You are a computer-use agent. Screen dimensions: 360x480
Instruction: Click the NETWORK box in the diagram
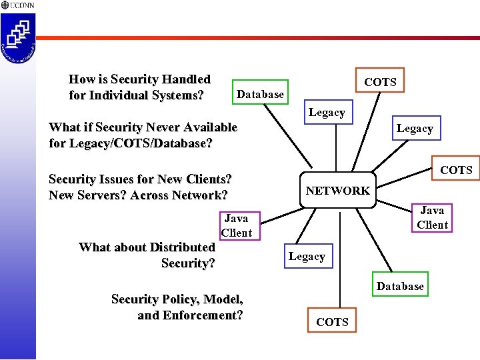[337, 191]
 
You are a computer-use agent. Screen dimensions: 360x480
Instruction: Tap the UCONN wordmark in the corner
[22, 5]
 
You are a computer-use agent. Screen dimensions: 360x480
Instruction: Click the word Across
[154, 195]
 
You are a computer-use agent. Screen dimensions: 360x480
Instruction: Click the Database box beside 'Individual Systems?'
[260, 95]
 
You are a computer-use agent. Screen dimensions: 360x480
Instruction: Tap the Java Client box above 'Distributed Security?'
[237, 225]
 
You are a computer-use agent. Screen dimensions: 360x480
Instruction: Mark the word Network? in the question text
[204, 195]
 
